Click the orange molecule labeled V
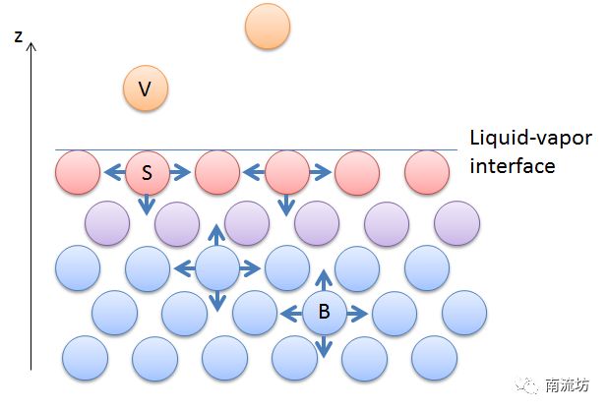tap(146, 89)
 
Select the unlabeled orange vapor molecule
tap(267, 27)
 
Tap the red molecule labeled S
tap(147, 173)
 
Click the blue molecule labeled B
tap(324, 314)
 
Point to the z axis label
tap(18, 36)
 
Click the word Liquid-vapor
tap(530, 139)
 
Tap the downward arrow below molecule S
tap(147, 204)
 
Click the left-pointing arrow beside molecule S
tap(113, 173)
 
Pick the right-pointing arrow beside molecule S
tap(180, 173)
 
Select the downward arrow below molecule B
tap(324, 346)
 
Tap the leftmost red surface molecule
tap(78, 173)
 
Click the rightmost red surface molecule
tap(427, 173)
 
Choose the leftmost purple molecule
tap(107, 223)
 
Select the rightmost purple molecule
tap(456, 223)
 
